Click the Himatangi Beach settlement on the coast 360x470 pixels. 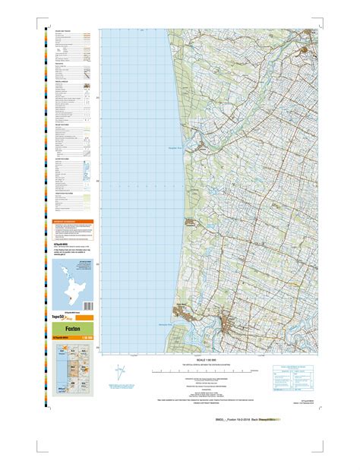click(x=190, y=222)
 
